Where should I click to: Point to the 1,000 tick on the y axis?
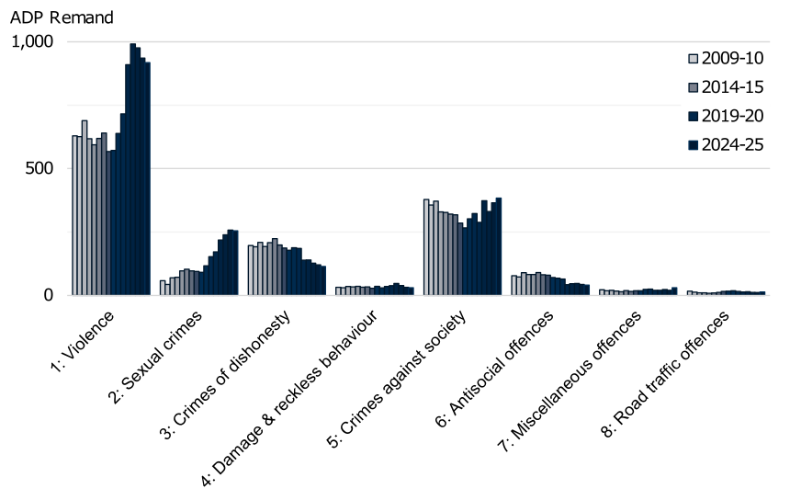34,42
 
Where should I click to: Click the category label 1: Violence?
84,341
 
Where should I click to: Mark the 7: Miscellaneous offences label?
574,377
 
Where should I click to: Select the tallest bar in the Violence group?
132,169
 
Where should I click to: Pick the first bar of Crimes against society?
426,247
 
